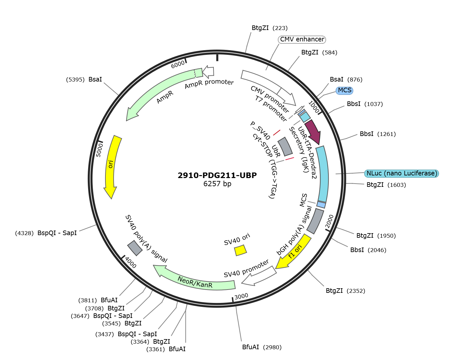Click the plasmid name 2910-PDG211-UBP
point(217,175)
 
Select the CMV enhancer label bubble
point(302,39)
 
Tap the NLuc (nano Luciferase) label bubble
point(402,173)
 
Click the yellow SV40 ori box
point(241,250)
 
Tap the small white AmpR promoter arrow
point(208,72)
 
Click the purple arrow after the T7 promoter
point(314,131)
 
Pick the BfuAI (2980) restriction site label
point(261,347)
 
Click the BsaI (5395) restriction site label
point(84,79)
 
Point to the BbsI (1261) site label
point(378,134)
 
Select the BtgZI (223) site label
point(270,28)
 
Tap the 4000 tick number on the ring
point(131,262)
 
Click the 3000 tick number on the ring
point(241,296)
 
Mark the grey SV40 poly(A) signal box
point(134,248)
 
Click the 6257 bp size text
point(217,184)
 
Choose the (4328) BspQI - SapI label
point(46,233)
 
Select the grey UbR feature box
point(285,146)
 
